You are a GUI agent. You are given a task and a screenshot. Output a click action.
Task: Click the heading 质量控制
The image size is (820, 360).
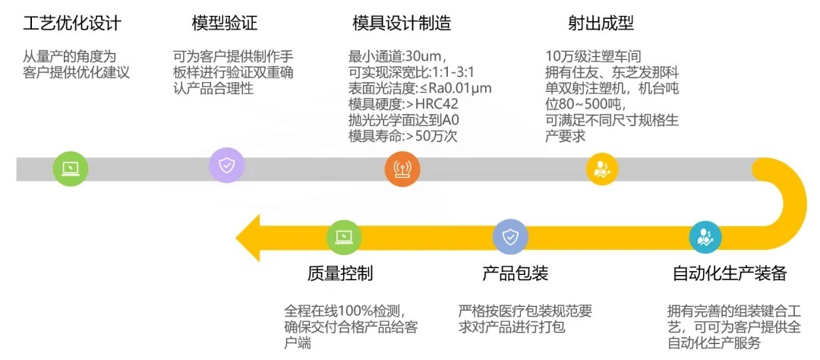coord(340,273)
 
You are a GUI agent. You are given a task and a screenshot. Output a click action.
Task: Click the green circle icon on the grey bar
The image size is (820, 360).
coord(71,168)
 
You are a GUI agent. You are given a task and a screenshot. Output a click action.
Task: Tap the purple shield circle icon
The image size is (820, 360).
coord(226,166)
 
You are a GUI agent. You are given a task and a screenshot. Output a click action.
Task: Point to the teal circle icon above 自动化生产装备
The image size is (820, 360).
coord(706,237)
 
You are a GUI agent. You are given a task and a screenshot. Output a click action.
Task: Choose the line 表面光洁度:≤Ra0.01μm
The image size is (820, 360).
coord(420,88)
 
